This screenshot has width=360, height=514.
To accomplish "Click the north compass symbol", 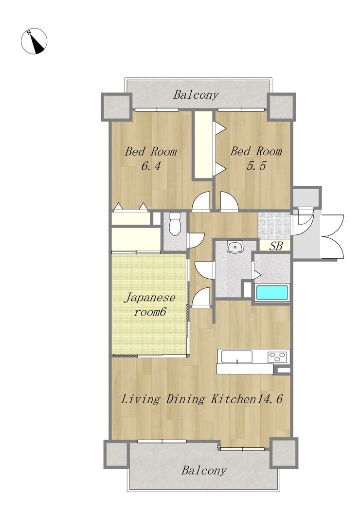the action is (34, 41).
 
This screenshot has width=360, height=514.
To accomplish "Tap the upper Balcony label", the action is (196, 95).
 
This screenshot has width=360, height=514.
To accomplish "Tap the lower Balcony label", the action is (204, 471).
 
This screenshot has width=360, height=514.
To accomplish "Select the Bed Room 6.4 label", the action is (150, 159).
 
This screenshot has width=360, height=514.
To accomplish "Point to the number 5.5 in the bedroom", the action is (256, 166).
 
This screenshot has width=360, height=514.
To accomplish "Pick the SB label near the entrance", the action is (275, 246).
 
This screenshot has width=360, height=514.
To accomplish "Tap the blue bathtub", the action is (272, 292).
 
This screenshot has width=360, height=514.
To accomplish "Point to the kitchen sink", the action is (237, 356).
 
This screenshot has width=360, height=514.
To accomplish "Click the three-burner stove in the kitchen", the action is (277, 356).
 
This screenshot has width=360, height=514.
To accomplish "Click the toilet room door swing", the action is (196, 240).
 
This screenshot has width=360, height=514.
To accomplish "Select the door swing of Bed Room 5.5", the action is (229, 201).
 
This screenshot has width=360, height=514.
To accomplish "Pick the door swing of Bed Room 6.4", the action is (201, 201).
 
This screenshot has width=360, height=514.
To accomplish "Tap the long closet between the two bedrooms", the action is (203, 145).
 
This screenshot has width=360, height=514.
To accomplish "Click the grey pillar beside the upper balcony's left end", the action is (116, 107).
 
